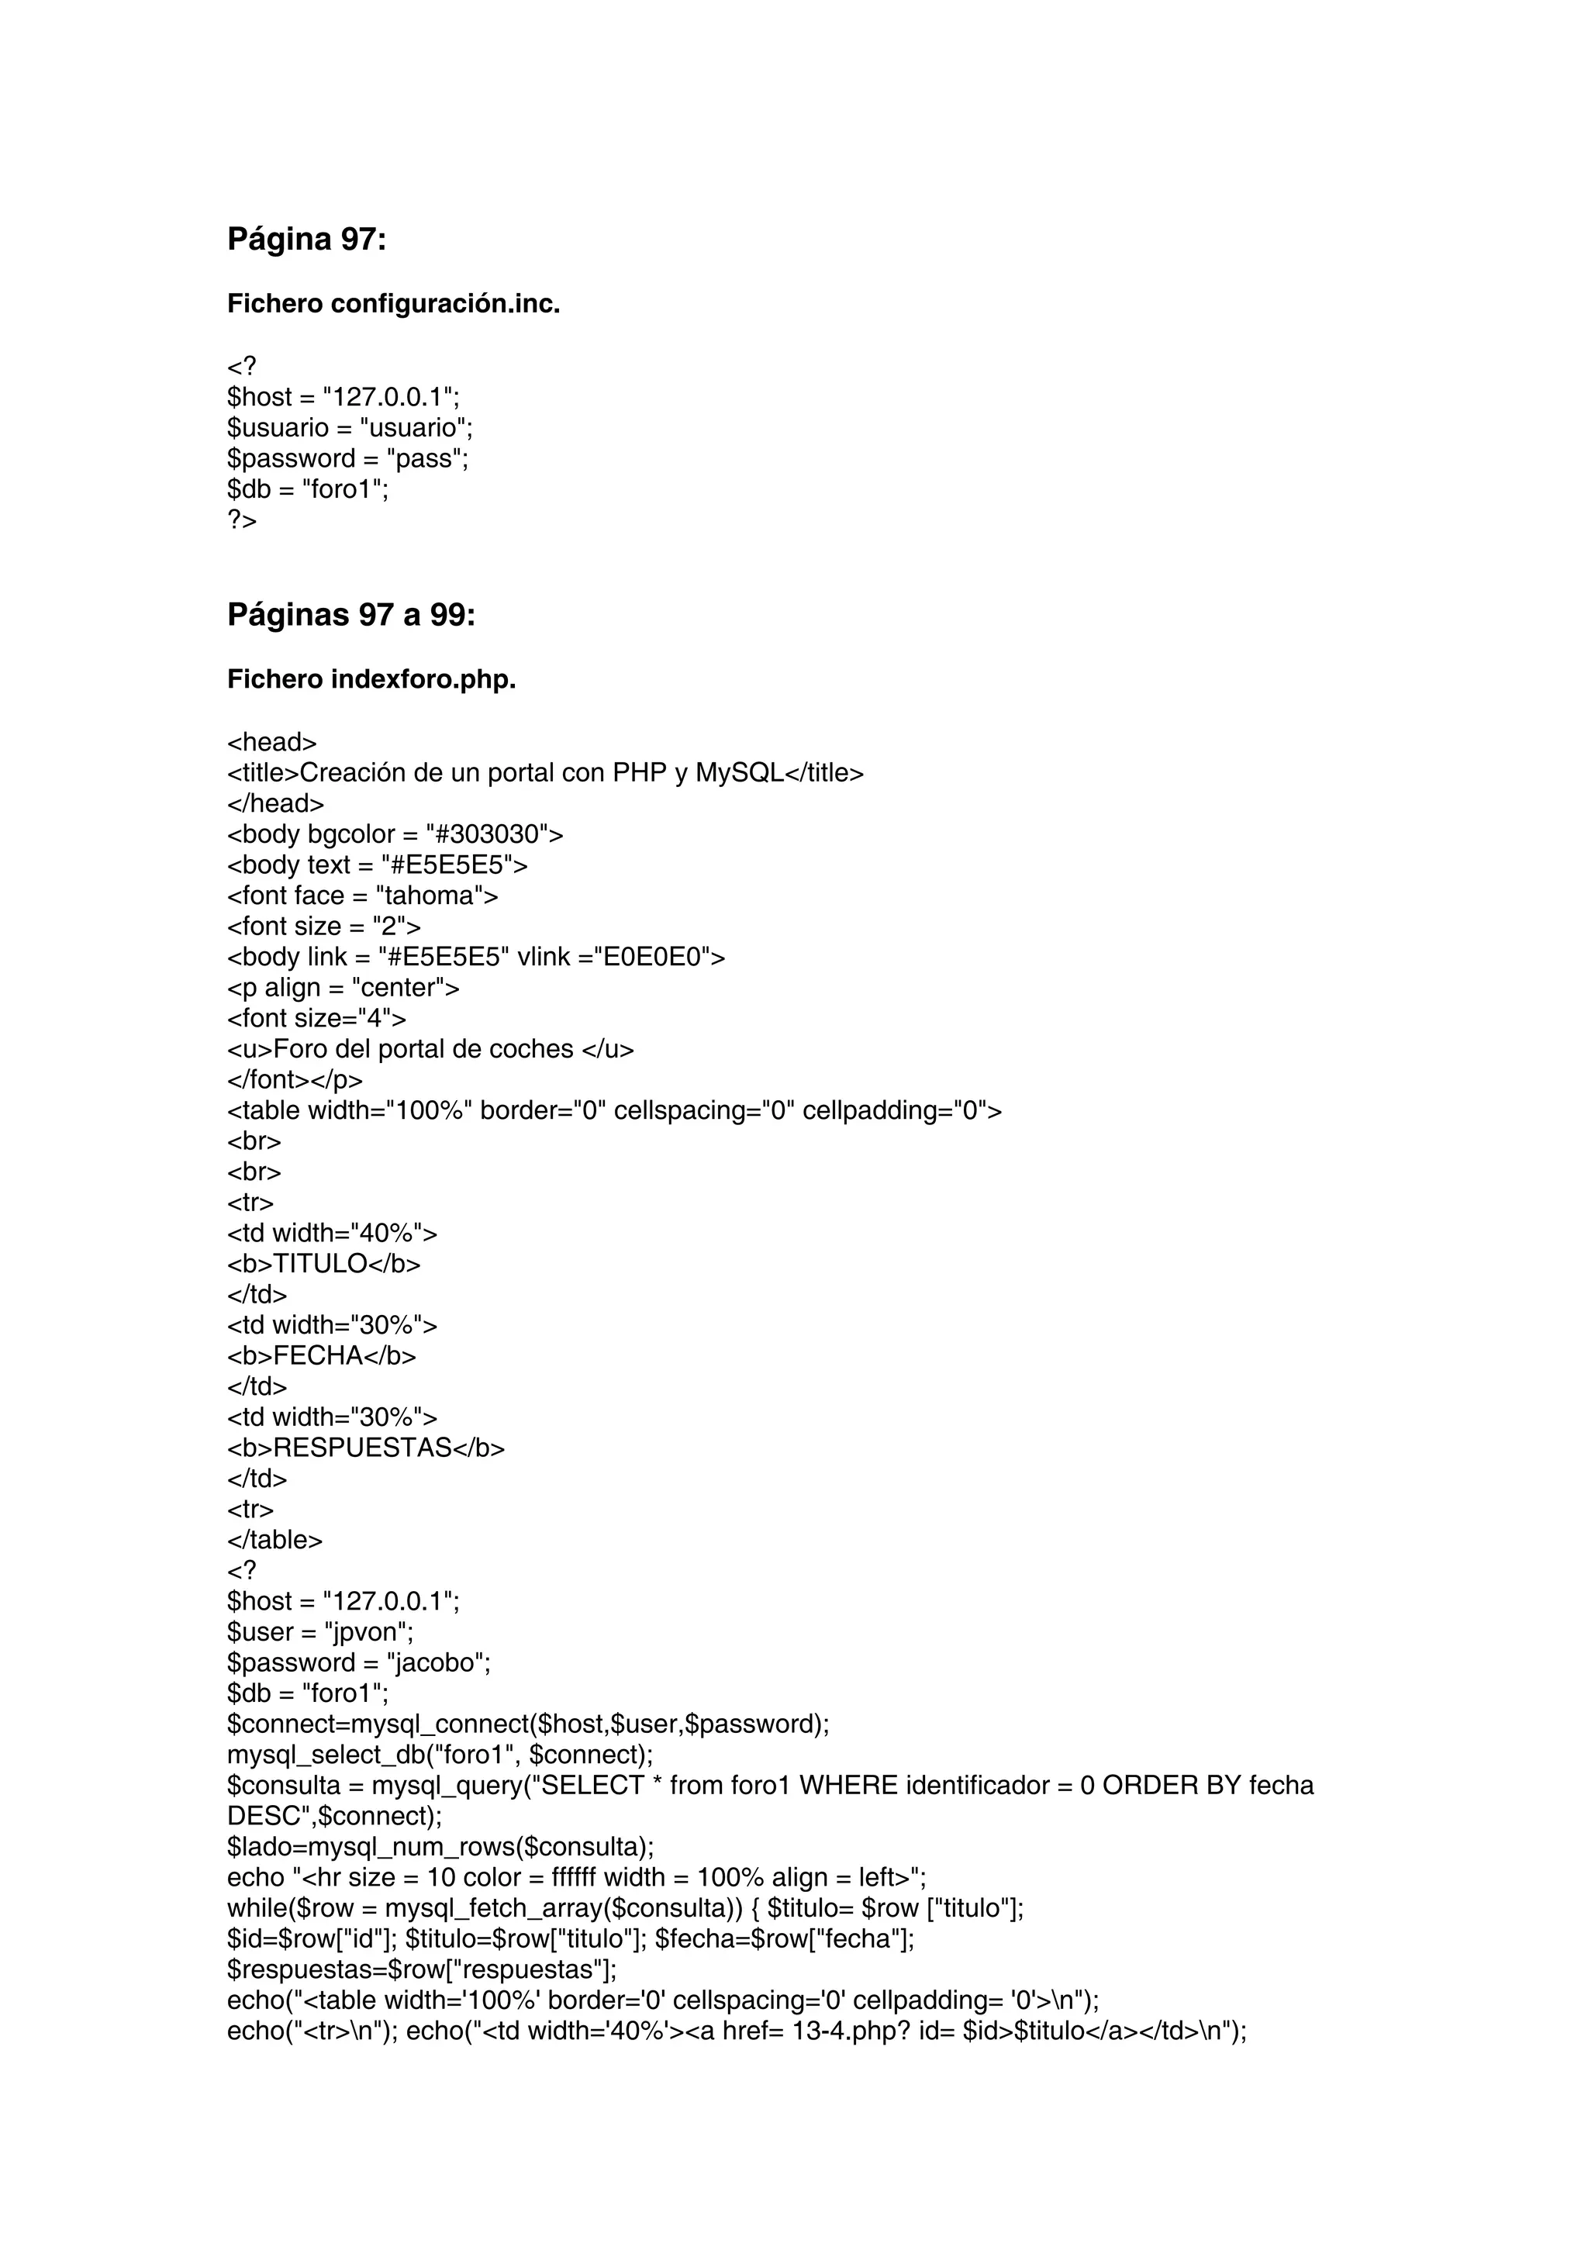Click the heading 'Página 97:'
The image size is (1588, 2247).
(306, 239)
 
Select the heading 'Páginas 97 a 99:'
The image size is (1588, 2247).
(351, 615)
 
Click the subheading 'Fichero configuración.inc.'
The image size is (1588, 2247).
(393, 305)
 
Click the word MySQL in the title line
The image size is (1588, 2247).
(740, 773)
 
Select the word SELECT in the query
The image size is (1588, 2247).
(592, 1786)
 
